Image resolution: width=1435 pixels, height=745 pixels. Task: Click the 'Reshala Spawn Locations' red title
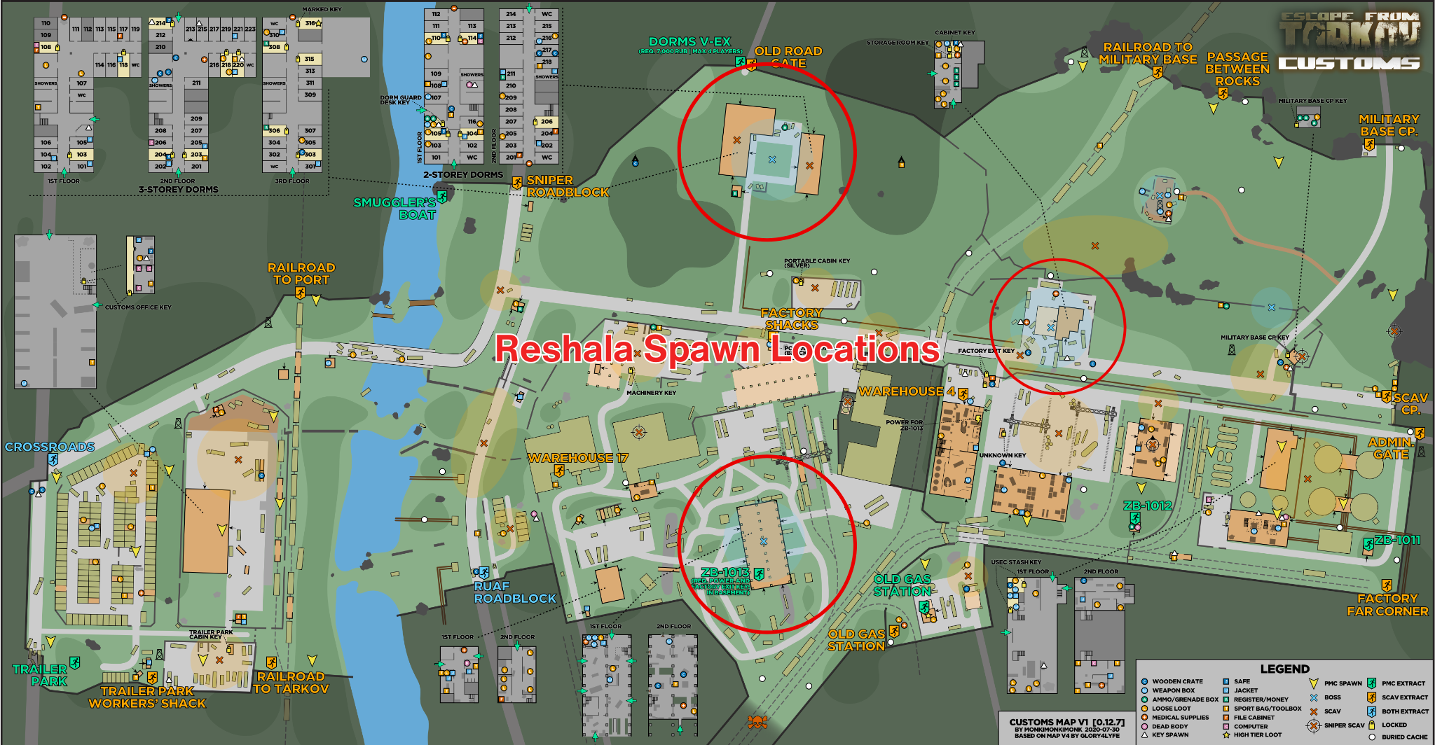[717, 349]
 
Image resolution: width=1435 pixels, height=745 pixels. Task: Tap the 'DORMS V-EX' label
[689, 42]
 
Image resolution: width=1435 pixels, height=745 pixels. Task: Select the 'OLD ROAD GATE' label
[788, 57]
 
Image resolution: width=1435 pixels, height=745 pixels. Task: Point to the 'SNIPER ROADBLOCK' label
[568, 186]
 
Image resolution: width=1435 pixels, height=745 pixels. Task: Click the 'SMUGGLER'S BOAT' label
[394, 208]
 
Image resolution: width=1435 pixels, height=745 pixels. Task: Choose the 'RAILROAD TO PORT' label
[301, 273]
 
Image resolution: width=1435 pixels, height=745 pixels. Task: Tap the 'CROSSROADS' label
[50, 447]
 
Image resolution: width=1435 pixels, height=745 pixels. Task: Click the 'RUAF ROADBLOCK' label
[514, 592]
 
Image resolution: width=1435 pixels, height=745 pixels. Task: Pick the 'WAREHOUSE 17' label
[578, 458]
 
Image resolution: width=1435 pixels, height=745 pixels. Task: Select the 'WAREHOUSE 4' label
[907, 391]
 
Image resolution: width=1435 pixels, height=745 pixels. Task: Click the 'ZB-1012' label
[1147, 506]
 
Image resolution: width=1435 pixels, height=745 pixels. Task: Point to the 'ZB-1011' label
[1397, 540]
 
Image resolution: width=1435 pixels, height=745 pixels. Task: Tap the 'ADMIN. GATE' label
[1391, 448]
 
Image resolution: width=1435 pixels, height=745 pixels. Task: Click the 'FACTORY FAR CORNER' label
[1387, 605]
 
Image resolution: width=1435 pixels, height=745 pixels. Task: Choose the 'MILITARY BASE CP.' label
[1389, 125]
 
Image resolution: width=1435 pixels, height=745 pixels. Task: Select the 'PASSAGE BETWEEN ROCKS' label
[1237, 69]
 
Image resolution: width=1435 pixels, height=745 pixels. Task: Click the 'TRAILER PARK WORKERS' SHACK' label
[147, 697]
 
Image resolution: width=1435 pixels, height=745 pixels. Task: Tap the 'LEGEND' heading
[1284, 669]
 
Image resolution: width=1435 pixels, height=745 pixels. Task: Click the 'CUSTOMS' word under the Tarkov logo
[1349, 64]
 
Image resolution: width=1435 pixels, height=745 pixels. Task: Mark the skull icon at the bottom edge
[757, 722]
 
